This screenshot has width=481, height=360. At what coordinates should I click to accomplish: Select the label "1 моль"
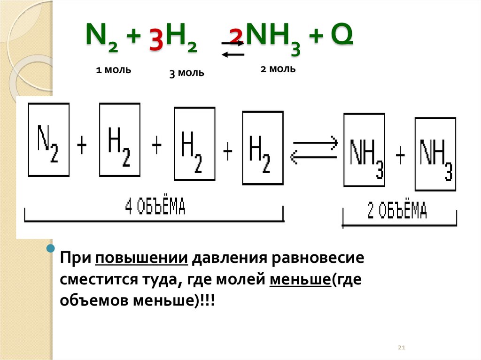[x=113, y=70]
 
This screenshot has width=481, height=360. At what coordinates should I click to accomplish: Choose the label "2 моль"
[x=278, y=69]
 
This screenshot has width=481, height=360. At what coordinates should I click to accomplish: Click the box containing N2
[x=49, y=139]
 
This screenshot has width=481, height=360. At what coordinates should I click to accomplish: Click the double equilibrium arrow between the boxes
[x=314, y=150]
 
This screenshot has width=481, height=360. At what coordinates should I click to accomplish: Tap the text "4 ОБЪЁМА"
[x=155, y=207]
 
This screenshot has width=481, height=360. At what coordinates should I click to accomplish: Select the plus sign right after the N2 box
[x=82, y=146]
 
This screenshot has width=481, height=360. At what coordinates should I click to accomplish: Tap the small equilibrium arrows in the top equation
[x=233, y=49]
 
